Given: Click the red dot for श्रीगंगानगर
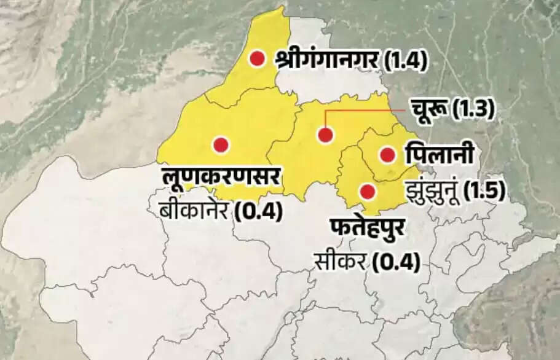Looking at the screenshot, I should [257, 58].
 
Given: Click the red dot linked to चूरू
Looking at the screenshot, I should [326, 135].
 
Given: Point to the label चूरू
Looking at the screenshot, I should [429, 110].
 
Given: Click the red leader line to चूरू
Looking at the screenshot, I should [369, 111].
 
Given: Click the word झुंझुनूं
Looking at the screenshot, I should [432, 189].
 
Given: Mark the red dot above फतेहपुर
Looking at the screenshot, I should [368, 192].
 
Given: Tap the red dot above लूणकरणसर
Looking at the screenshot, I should [221, 145].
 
